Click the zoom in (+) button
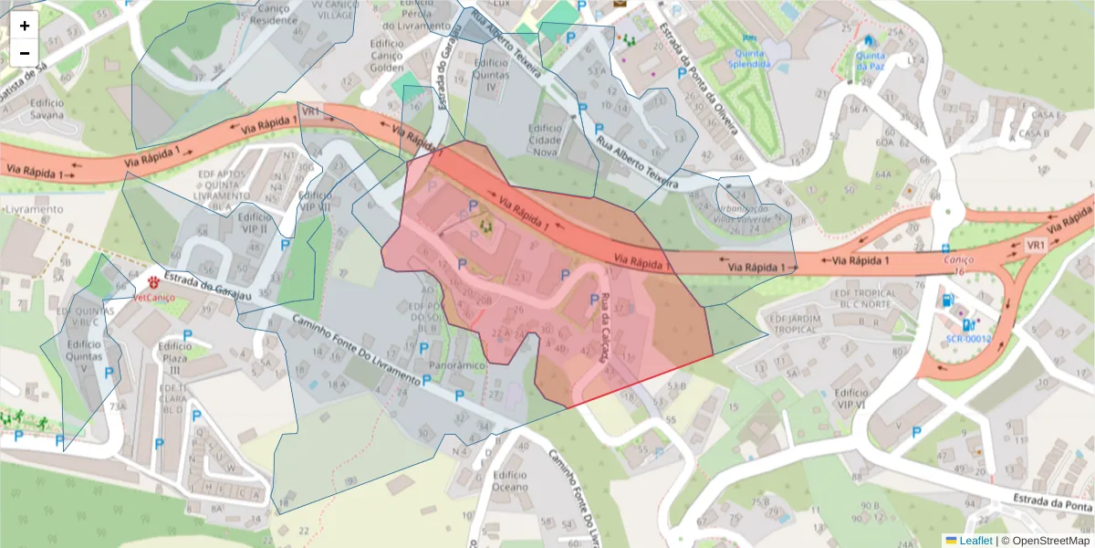[x=25, y=26]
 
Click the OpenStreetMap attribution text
[x=1050, y=541]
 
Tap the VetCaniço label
[x=152, y=297]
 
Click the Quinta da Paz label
[x=870, y=59]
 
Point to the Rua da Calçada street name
[x=605, y=327]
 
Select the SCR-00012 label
[x=967, y=338]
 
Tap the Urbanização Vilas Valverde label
[x=754, y=214]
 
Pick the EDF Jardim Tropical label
[x=804, y=323]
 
